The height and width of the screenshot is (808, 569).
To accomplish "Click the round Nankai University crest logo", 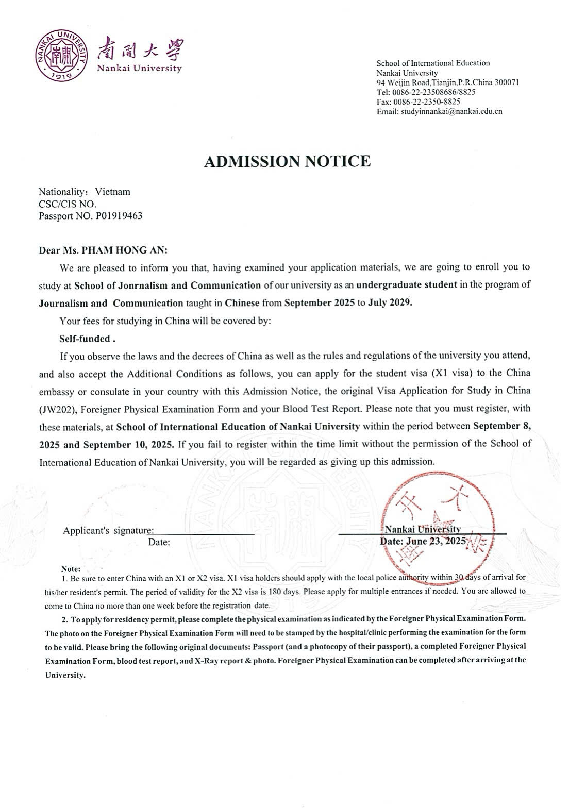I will point(61,55).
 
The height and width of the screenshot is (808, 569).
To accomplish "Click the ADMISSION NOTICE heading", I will point(287,161).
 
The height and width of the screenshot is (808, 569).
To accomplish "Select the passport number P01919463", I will point(119,216).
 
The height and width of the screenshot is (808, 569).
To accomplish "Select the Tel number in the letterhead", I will point(433,92).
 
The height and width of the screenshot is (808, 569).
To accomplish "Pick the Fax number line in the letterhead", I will point(419,102).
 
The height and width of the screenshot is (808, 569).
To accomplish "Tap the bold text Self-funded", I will point(87,339).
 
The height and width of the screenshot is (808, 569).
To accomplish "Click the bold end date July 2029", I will point(390,303).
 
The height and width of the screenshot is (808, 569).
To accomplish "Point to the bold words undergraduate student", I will point(407,285).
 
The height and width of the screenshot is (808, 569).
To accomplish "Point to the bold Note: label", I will point(71,569).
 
